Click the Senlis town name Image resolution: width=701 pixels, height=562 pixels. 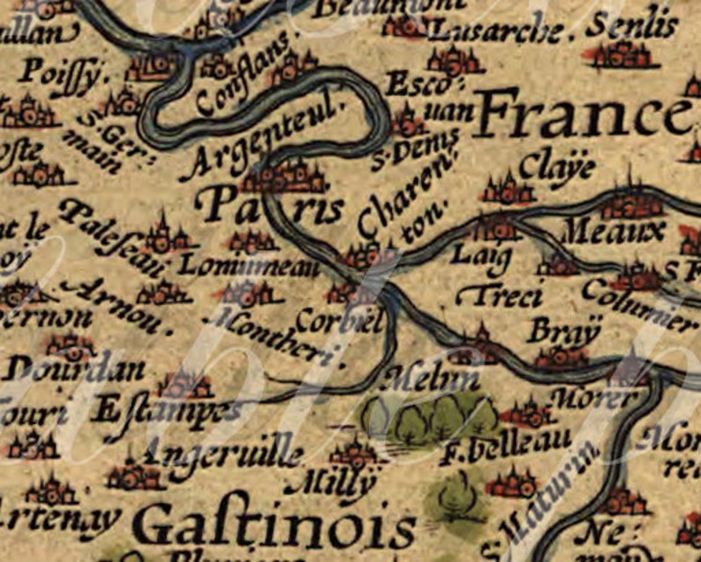click(x=632, y=27)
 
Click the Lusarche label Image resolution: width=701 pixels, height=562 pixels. click(x=494, y=32)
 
